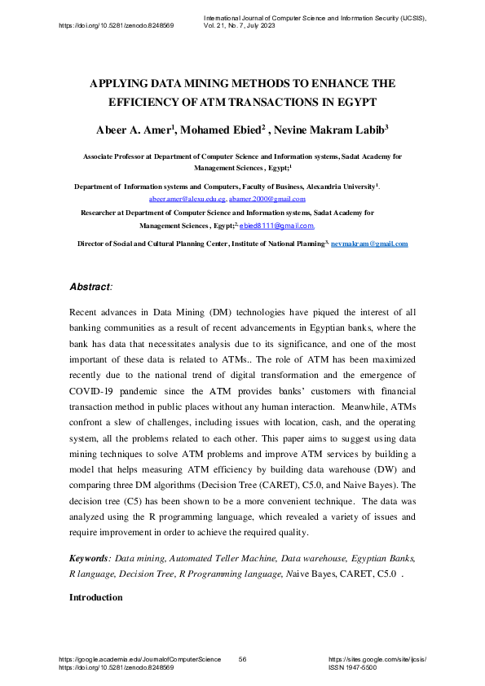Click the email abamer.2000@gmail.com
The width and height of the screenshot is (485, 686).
267,199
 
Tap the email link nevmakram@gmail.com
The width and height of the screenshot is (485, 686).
369,244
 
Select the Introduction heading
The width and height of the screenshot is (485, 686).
96,597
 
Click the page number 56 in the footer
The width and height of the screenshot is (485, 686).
243,658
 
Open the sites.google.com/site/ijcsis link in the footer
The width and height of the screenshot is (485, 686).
377,658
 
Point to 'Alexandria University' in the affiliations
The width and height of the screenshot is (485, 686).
336,187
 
